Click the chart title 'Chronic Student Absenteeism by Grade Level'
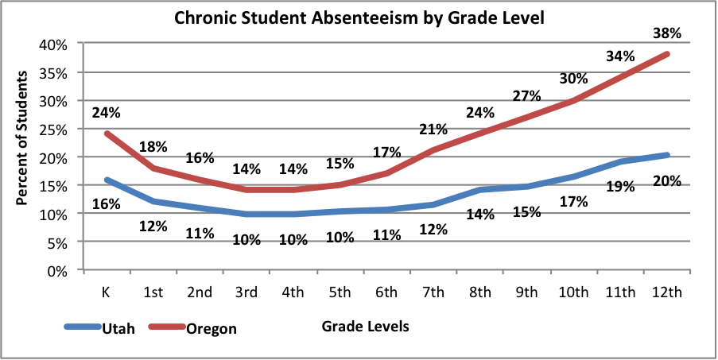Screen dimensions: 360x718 coord(359,19)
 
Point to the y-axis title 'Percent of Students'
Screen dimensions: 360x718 coord(23,138)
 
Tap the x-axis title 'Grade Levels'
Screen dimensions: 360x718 coord(365,326)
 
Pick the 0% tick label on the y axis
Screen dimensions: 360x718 coord(56,270)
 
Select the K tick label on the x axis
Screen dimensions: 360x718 coord(105,292)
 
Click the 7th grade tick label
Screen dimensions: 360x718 coord(433,292)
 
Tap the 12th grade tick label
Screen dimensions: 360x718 coord(667,292)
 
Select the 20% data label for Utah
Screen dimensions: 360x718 coord(666,180)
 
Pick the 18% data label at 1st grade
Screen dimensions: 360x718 coord(153,146)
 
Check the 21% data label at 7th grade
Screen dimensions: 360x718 coord(434,129)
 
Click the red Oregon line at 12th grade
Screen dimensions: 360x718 coord(667,54)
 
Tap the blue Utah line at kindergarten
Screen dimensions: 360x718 coord(107,180)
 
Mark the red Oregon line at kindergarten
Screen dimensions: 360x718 coord(107,134)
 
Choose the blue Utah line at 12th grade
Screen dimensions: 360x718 coord(667,155)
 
